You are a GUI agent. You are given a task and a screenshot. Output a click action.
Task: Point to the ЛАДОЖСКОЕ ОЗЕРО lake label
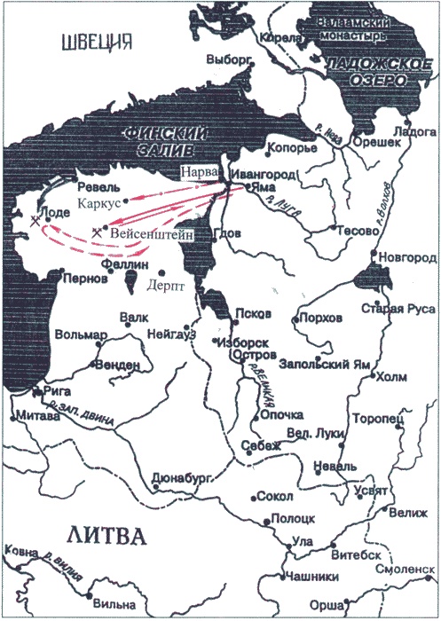pyautogui.click(x=366, y=72)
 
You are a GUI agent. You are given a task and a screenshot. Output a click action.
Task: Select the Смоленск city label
pyautogui.click(x=406, y=572)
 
